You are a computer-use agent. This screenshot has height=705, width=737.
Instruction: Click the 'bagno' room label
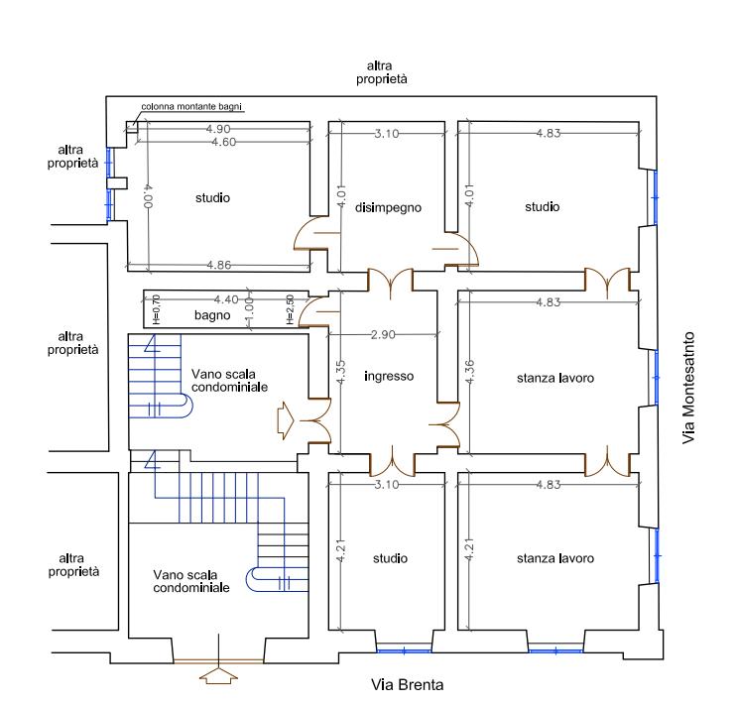[x=212, y=315]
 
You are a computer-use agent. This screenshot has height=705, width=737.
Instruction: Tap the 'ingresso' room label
[x=389, y=376]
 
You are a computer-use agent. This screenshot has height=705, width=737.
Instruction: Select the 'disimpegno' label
[x=388, y=207]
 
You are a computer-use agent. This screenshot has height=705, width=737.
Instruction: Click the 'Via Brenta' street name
[x=407, y=685]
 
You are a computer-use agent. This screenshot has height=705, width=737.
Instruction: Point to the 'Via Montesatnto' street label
[x=688, y=388]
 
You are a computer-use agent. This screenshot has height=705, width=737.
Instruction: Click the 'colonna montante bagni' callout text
[x=191, y=107]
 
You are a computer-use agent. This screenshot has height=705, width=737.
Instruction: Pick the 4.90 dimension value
[x=218, y=128]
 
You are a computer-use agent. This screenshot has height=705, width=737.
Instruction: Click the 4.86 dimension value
[x=219, y=265]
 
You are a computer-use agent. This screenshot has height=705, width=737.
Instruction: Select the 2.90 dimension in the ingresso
[x=383, y=334]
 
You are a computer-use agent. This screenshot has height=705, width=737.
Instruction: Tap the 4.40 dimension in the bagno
[x=226, y=299]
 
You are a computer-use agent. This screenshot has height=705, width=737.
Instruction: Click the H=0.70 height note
[x=157, y=309]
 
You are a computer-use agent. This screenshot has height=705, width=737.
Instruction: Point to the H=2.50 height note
[x=290, y=309]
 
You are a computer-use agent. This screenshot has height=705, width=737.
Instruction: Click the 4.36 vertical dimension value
[x=469, y=372]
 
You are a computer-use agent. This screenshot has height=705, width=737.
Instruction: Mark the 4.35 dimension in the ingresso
[x=341, y=372]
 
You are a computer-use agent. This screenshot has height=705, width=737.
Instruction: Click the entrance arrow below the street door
[x=218, y=676]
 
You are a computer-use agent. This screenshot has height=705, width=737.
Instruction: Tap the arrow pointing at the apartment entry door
[x=286, y=420]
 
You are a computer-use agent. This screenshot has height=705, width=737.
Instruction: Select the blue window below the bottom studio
[x=404, y=650]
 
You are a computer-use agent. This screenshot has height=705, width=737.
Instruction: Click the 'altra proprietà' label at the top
[x=381, y=72]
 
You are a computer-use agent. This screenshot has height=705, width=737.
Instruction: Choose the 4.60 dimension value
[x=224, y=142]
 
